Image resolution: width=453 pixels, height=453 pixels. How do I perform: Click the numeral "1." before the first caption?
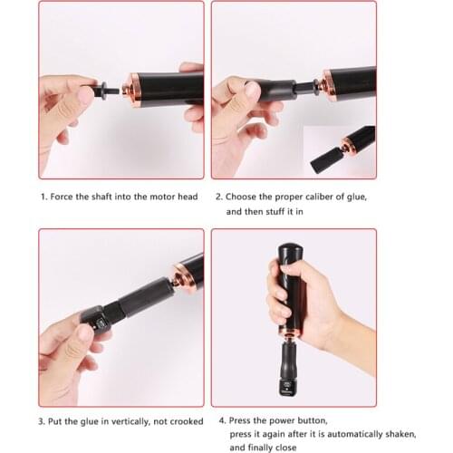pos(42,196)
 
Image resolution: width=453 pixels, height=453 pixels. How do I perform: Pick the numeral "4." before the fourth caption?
pos(222,420)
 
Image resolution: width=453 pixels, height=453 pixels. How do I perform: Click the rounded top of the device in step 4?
pos(289,251)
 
